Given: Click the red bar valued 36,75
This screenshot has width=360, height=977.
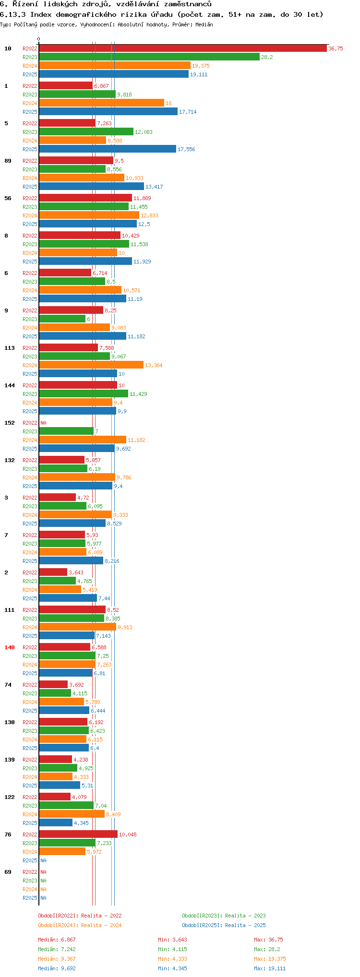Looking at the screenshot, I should pyautogui.click(x=182, y=48).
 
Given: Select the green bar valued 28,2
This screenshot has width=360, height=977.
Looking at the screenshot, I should pyautogui.click(x=149, y=57).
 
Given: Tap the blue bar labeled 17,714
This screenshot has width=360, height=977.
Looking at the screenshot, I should pyautogui.click(x=108, y=112).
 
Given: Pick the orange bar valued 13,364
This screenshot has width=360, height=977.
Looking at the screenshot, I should pyautogui.click(x=91, y=365).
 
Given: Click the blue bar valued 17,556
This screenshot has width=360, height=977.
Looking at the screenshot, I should pyautogui.click(x=108, y=149).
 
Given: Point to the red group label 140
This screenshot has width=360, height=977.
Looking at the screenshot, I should pyautogui.click(x=10, y=647).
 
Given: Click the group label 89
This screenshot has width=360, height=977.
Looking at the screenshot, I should pyautogui.click(x=8, y=161).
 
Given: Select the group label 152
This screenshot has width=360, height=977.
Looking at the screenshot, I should pyautogui.click(x=10, y=423).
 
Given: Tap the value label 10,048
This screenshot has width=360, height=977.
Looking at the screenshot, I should pyautogui.click(x=128, y=834).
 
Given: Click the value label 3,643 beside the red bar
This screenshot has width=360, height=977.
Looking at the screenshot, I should pyautogui.click(x=76, y=572).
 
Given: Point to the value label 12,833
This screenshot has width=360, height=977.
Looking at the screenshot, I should pyautogui.click(x=149, y=215).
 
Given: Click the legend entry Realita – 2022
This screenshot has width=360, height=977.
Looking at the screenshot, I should pyautogui.click(x=80, y=916).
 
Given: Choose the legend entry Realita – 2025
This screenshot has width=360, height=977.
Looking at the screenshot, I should pyautogui.click(x=224, y=925).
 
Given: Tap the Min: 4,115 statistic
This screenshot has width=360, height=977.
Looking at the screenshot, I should pyautogui.click(x=172, y=949).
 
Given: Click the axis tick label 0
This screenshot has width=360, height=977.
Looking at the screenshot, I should pyautogui.click(x=39, y=39).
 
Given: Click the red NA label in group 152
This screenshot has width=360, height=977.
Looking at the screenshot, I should pyautogui.click(x=43, y=423).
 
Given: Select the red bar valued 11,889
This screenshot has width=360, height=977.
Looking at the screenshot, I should pyautogui.click(x=85, y=198).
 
